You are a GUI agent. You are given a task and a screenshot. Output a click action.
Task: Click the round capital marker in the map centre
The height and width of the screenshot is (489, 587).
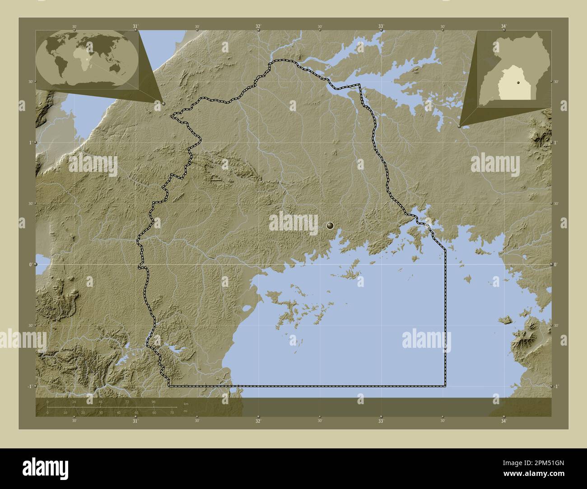coord(331,225)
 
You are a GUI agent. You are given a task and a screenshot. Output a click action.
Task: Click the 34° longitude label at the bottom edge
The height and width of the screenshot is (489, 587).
coord(503,421)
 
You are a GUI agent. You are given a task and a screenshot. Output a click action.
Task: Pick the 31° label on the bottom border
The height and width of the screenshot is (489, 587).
coord(135,421)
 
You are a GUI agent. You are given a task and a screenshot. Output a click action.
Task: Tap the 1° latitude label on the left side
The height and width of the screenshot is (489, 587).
coord(30,143)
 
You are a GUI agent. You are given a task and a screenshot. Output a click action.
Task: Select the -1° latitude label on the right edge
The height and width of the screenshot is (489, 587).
coord(557,387)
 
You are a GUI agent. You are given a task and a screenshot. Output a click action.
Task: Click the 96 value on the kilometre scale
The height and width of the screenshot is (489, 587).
coord(154,401)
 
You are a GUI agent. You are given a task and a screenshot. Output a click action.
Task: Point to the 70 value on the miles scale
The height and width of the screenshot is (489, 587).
coord(172,412)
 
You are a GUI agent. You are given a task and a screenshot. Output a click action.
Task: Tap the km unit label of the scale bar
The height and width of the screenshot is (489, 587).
coord(186,404)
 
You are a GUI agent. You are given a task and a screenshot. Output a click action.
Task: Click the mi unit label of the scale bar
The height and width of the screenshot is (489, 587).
coord(185,411)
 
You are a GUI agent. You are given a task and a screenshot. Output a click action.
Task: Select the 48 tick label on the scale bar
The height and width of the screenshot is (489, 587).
coord(100,401)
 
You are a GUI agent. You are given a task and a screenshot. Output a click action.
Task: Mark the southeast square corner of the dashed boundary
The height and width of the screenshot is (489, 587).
coord(446,386)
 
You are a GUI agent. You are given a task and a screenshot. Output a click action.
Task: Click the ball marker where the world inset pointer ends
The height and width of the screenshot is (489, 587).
coord(163,103)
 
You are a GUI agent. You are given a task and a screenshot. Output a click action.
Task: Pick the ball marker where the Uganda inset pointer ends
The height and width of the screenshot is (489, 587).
coord(459,126)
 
